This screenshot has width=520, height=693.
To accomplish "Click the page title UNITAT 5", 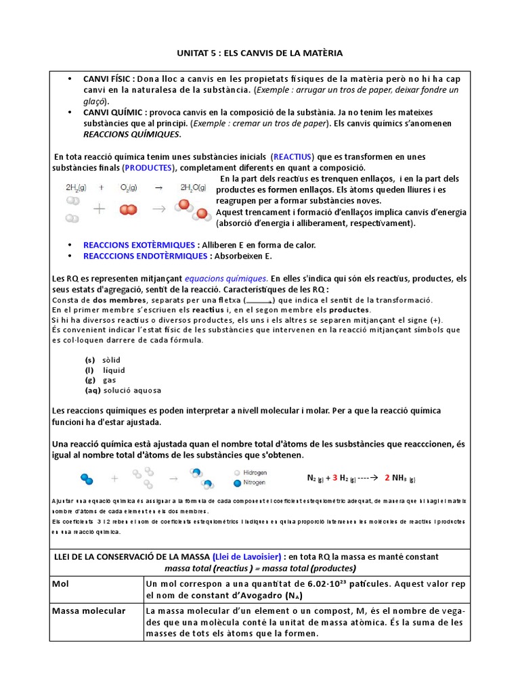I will pyautogui.click(x=259, y=53).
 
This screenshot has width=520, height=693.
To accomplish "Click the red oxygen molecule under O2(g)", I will pyautogui.click(x=127, y=210).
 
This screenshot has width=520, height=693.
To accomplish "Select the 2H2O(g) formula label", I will pyautogui.click(x=195, y=187).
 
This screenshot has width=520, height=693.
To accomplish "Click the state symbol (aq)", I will pyautogui.click(x=93, y=390).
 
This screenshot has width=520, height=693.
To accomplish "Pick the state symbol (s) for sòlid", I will pyautogui.click(x=89, y=360).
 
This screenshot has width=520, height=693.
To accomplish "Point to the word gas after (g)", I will pyautogui.click(x=110, y=380).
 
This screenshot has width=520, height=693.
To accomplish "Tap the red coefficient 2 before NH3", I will pyautogui.click(x=387, y=478).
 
